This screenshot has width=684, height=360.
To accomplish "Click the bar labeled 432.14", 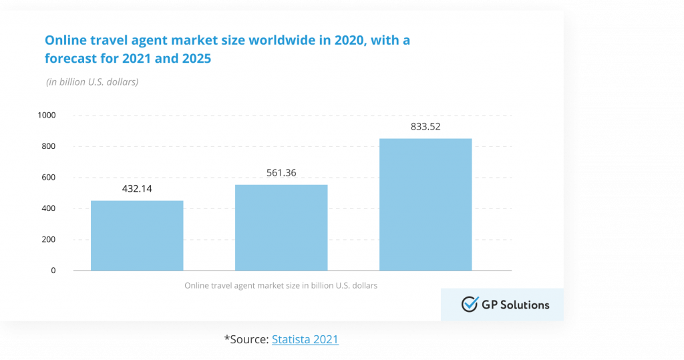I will [137, 235].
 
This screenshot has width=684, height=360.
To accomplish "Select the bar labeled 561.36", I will [281, 227].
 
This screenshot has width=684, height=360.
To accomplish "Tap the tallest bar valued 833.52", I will [425, 204].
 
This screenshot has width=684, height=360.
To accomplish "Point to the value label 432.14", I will [137, 189].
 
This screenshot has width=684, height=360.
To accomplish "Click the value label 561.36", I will [281, 173].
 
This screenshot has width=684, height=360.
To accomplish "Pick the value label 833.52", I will [425, 126].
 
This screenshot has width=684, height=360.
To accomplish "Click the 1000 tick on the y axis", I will [47, 116].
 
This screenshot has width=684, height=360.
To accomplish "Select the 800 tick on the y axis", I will [49, 146].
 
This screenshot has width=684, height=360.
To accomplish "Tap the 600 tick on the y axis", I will [49, 178].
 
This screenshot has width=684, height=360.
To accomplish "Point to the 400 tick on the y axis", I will [49, 208].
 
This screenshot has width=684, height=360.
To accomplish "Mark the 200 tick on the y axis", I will [49, 240].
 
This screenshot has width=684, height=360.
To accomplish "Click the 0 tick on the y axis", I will [53, 271].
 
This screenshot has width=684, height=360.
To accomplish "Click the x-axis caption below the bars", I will [281, 286].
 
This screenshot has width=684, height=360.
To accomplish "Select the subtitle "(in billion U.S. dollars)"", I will [92, 82].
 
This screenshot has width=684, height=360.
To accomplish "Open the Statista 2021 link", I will [305, 340].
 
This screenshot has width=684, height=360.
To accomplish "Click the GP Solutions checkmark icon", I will [470, 305].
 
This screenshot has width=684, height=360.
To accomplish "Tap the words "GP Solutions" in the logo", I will [515, 305].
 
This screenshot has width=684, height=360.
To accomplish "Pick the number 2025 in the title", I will [194, 59].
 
